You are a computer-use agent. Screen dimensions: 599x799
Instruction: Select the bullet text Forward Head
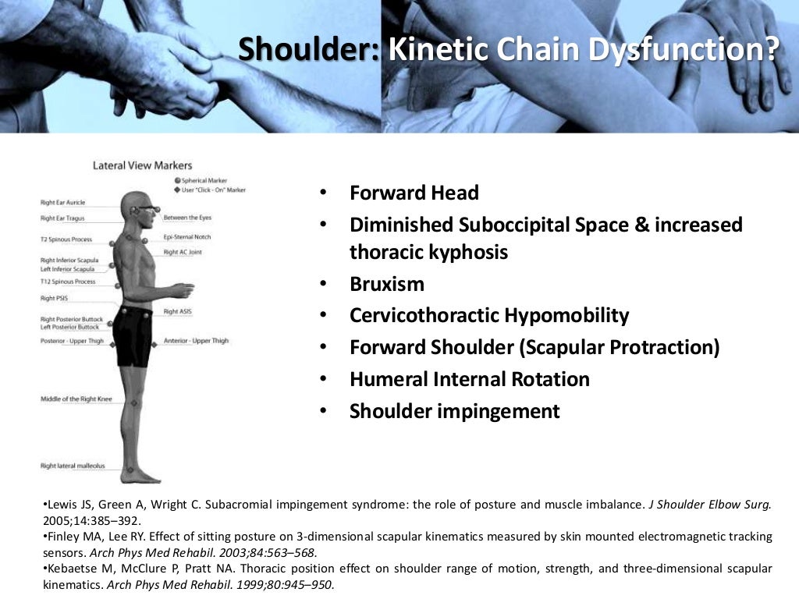414,193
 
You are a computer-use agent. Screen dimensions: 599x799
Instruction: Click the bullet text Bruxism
387,284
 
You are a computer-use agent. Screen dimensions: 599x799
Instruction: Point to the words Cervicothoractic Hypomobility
489,316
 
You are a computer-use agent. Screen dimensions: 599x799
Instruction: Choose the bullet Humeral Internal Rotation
470,380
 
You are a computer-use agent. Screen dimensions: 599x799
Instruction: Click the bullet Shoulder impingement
455,411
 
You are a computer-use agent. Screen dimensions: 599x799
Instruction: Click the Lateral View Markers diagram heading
142,165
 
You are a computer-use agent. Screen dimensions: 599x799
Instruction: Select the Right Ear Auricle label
62,203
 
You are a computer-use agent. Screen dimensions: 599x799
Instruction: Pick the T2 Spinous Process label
66,239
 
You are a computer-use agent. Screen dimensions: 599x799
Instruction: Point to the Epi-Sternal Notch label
187,237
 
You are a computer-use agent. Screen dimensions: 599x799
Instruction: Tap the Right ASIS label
176,311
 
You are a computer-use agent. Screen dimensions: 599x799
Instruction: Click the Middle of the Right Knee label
76,399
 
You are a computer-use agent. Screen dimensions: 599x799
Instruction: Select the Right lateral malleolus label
73,466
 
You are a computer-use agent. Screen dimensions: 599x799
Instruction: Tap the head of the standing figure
134,206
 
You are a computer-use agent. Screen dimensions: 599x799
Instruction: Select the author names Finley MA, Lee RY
87,537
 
